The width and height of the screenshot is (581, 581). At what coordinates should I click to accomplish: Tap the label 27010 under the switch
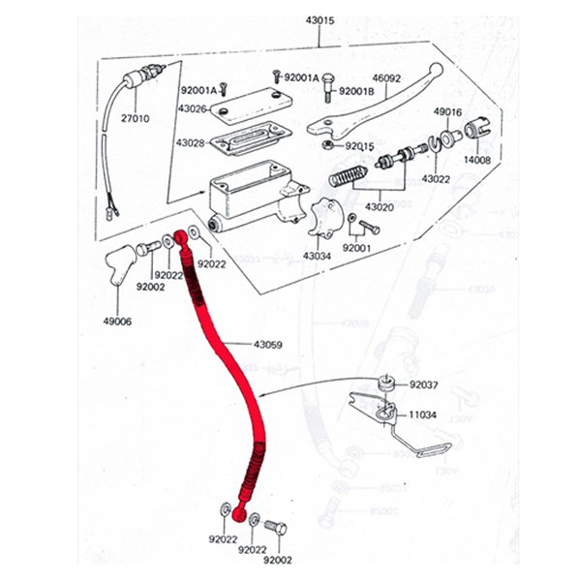pyautogui.click(x=136, y=119)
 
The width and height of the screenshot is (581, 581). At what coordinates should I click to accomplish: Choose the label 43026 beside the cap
pyautogui.click(x=190, y=108)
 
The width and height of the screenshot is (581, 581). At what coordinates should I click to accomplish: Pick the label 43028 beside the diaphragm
pyautogui.click(x=190, y=142)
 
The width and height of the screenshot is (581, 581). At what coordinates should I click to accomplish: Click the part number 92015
pyautogui.click(x=359, y=145)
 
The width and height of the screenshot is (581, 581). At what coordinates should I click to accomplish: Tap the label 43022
pyautogui.click(x=436, y=178)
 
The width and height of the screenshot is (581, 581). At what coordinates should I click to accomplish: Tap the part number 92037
pyautogui.click(x=423, y=384)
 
